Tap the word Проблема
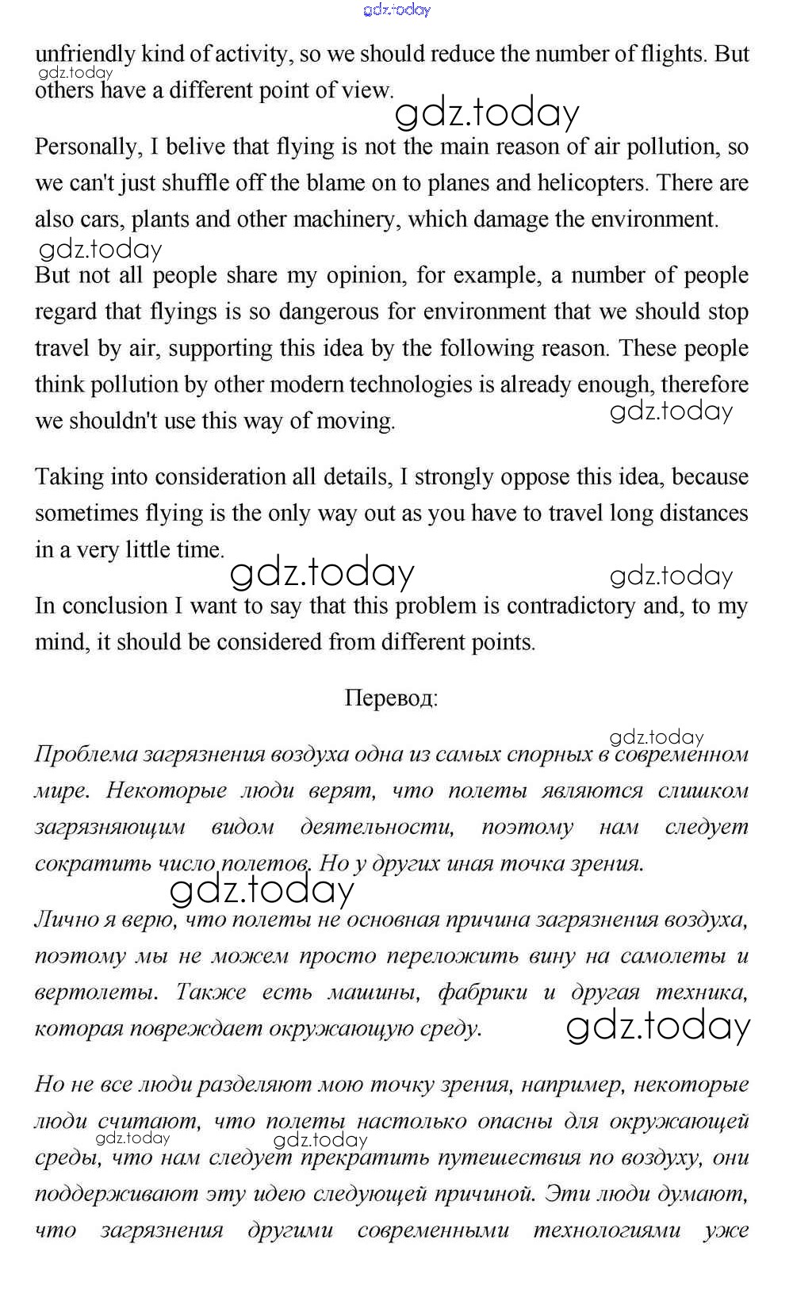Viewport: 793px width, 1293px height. pos(86,754)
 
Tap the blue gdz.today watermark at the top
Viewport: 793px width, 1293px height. pos(396,10)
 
